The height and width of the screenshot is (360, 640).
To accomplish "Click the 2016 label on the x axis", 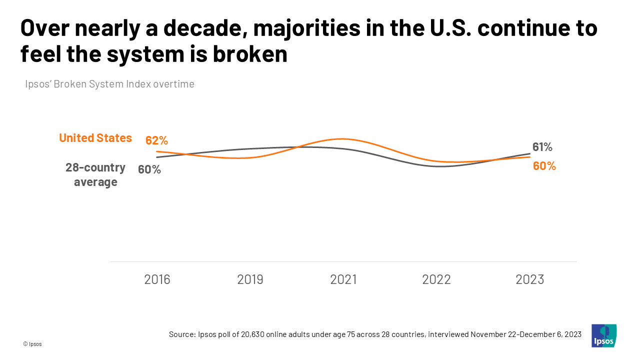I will (x=157, y=279).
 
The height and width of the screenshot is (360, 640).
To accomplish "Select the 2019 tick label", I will (x=250, y=279).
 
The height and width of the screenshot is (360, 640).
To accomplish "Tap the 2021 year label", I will (x=343, y=279).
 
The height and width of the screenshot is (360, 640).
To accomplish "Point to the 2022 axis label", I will (x=436, y=279).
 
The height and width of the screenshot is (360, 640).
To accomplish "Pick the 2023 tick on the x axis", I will (x=529, y=279).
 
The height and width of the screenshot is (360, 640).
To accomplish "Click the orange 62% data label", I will (x=156, y=140).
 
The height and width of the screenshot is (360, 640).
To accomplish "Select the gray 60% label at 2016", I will (x=149, y=169).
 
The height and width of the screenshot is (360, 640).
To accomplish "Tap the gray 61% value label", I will (x=542, y=147).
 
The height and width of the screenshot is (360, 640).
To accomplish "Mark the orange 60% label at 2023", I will (x=544, y=166).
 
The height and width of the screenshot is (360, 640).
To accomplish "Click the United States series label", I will (x=95, y=138).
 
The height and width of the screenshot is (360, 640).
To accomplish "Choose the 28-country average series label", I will (x=95, y=174).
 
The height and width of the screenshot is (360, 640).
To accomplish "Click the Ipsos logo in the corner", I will (x=604, y=335).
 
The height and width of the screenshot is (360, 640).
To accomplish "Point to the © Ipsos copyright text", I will (x=32, y=344).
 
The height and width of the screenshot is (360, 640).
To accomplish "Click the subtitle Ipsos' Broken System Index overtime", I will (x=109, y=84).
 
